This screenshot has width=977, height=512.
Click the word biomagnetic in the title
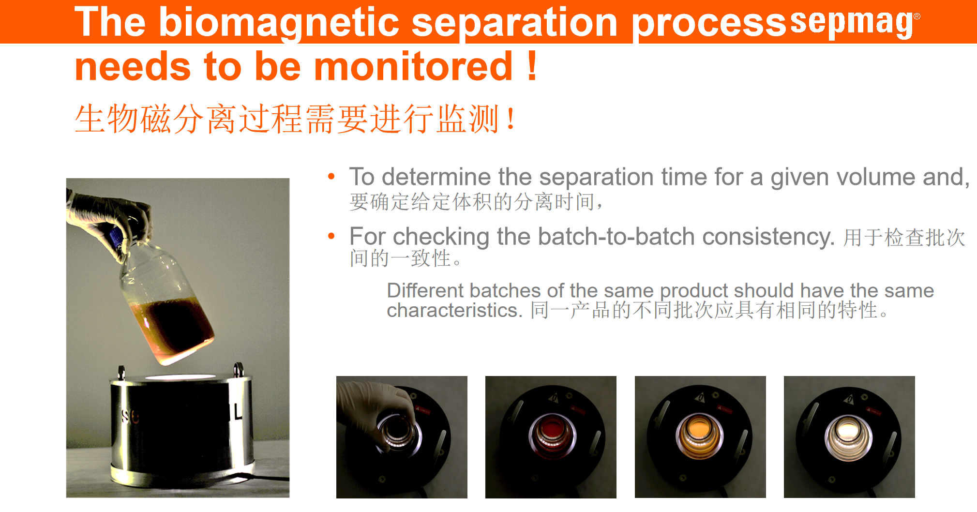click(279, 23)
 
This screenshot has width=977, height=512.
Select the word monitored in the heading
click(413, 66)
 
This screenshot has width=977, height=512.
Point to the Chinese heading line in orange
click(295, 119)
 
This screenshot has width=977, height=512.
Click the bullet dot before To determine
click(331, 176)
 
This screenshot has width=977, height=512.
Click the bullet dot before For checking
click(331, 236)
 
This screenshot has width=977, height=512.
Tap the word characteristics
click(454, 310)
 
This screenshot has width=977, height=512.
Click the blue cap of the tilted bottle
click(116, 238)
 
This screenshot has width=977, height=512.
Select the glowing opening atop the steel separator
click(180, 377)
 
